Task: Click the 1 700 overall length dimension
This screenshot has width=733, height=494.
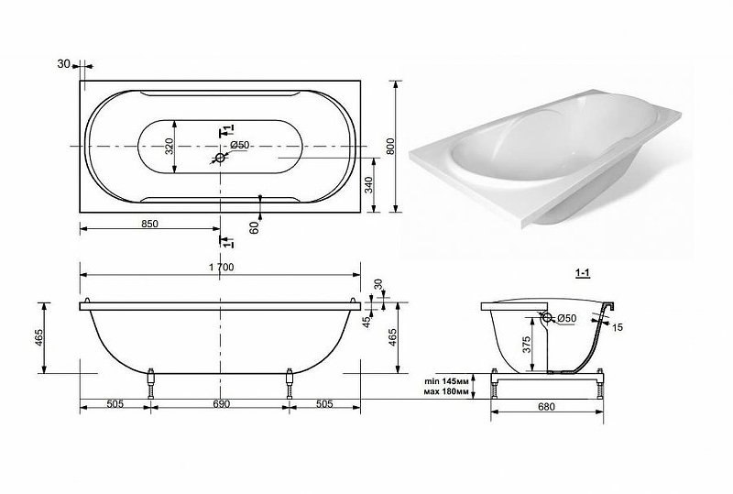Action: click(222, 267)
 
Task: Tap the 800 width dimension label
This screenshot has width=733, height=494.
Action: click(391, 147)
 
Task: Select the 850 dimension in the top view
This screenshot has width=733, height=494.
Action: click(149, 224)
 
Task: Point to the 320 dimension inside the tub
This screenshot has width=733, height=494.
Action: click(170, 147)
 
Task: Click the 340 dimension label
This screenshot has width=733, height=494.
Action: click(369, 185)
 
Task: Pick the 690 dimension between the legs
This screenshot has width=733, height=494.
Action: click(222, 403)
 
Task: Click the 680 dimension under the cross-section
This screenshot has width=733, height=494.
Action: click(546, 407)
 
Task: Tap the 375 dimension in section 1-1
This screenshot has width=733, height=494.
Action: click(526, 346)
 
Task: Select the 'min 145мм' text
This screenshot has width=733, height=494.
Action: click(446, 381)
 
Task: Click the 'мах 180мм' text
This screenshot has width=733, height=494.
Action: click(446, 391)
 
